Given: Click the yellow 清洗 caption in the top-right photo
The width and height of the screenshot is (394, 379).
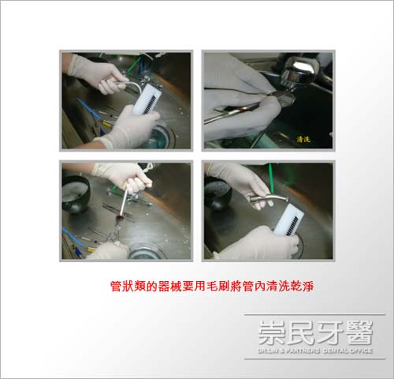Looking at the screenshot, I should click(303, 138).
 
